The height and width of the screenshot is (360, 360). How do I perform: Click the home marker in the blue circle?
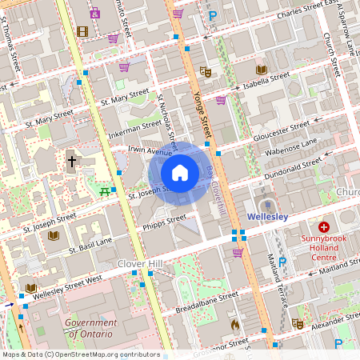(180, 172)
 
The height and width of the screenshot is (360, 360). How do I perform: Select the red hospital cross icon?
(324, 227)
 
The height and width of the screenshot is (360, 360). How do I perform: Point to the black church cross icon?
(72, 161)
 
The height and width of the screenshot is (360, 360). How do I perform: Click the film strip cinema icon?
(82, 31)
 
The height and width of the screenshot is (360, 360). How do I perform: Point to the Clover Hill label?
(140, 263)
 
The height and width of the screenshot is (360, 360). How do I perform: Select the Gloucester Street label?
(282, 130)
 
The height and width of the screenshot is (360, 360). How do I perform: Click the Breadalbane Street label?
(196, 302)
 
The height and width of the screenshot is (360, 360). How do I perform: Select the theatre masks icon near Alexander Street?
(297, 323)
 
